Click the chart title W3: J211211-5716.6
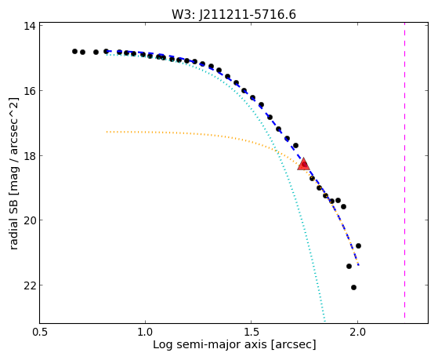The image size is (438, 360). point(233,14)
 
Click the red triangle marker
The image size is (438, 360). point(303,165)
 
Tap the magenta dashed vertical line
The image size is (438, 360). point(404,173)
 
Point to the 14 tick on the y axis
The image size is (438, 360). point(31,26)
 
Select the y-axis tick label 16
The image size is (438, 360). point(31,91)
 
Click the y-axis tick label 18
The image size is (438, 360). point(31,156)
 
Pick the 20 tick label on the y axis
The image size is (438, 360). point(31,220)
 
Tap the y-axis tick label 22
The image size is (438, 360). point(31,285)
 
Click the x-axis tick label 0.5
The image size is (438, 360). point(40,332)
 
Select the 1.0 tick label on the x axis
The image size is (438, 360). point(146,332)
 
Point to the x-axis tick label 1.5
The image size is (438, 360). point(252,332)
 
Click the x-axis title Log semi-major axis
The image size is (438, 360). point(210,345)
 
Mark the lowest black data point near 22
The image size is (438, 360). point(353,287)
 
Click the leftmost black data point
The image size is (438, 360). point(74,51)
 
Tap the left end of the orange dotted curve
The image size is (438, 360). point(107,132)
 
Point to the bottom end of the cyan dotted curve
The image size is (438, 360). point(324,322)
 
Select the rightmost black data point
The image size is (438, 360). point(358,245)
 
